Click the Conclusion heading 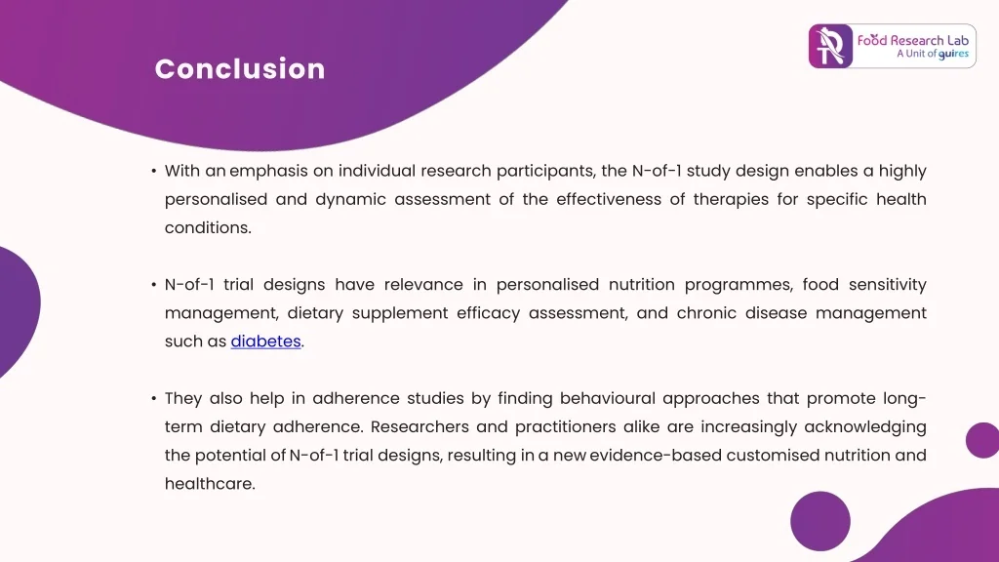click(240, 69)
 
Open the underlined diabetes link click(265, 341)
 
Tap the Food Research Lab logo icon click(830, 46)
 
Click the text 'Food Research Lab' click(913, 40)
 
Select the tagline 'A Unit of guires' click(932, 55)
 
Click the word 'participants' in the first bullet click(545, 171)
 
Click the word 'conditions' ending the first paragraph click(206, 227)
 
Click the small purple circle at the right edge click(981, 440)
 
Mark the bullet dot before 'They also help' click(154, 398)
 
